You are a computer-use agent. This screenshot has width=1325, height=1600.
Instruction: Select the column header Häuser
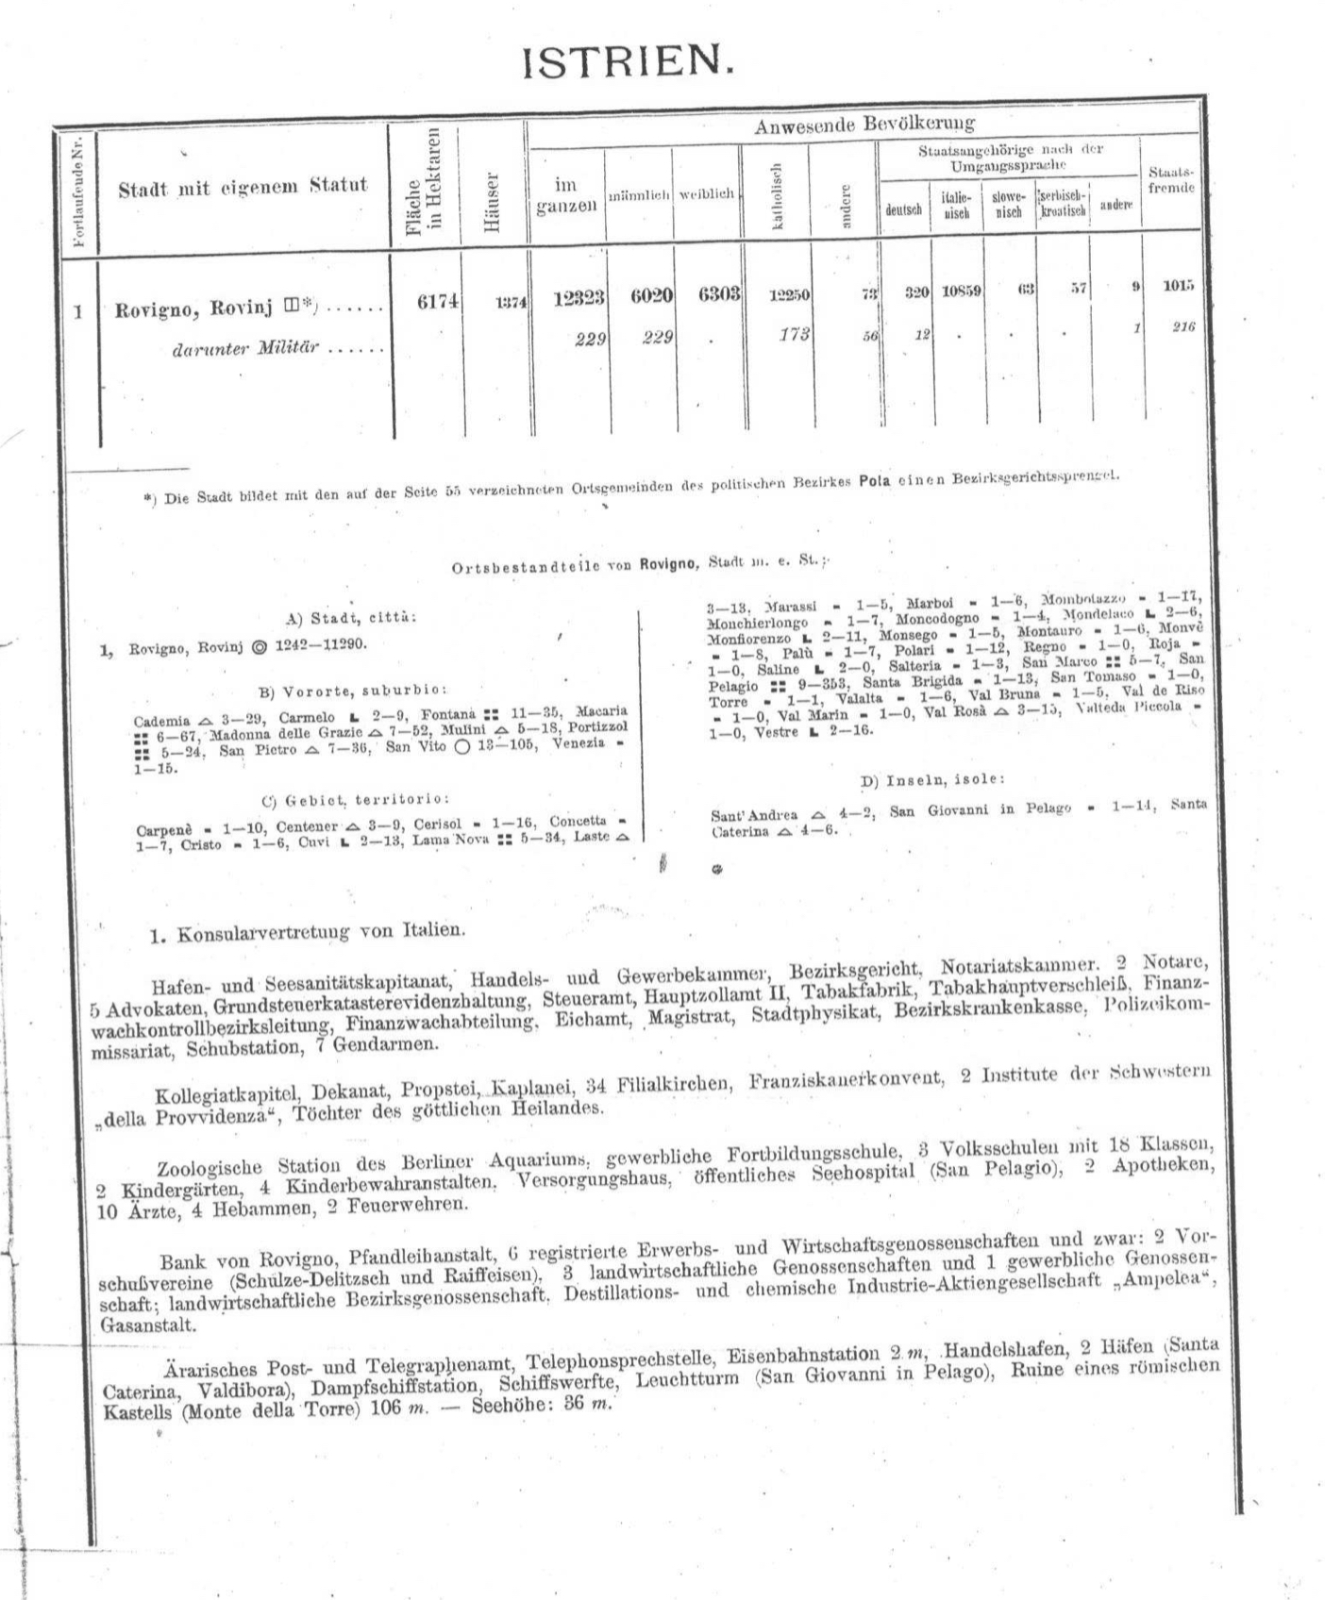[491, 201]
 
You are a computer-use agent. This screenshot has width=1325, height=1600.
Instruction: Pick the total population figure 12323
[579, 296]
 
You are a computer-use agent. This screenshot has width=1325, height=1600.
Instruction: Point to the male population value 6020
[651, 295]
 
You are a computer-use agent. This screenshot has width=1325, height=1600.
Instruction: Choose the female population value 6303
[719, 294]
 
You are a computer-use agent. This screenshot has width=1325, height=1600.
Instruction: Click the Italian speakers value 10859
[961, 292]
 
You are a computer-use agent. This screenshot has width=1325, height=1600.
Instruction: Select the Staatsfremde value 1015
[1178, 286]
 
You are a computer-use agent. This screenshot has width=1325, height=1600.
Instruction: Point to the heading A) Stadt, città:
[350, 618]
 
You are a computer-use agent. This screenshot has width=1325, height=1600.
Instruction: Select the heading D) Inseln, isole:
[931, 780]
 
